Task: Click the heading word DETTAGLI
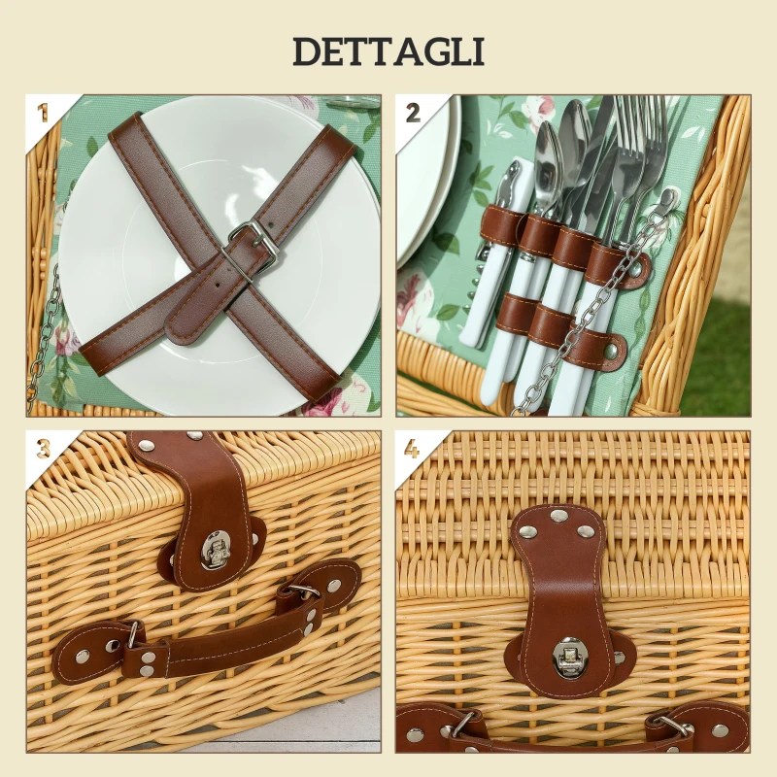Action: (388, 51)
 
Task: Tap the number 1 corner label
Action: (42, 112)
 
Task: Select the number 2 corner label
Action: (413, 112)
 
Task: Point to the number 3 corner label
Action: (43, 449)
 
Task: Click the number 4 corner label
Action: (413, 449)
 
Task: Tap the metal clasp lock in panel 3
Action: (216, 551)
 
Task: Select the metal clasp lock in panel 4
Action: (567, 658)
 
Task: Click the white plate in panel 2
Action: (427, 185)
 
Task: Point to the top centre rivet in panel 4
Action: (557, 516)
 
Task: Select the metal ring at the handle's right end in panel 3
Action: (301, 590)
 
